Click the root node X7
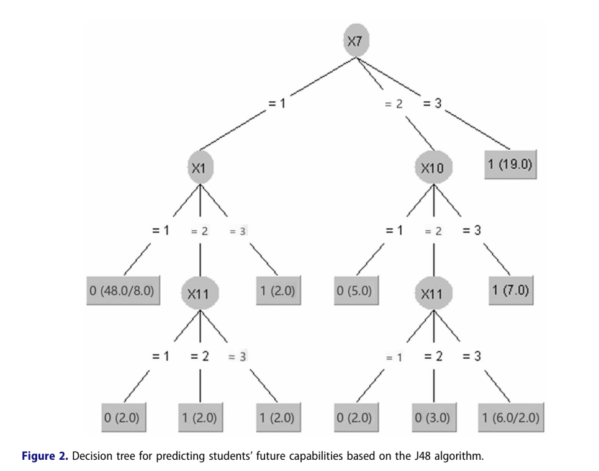tap(356, 42)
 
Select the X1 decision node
tap(200, 167)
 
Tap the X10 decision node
tap(433, 168)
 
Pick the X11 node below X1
tap(199, 294)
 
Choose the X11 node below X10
tap(432, 294)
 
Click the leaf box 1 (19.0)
tap(509, 166)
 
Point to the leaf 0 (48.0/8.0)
tap(123, 291)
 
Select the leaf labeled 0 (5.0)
tap(354, 291)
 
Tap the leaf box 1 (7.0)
tap(509, 291)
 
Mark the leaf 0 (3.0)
tap(432, 418)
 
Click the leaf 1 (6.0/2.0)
tap(510, 418)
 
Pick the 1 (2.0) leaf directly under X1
tap(277, 291)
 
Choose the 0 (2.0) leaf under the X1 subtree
tap(122, 418)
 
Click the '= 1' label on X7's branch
tap(277, 104)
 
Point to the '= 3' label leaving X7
tap(432, 103)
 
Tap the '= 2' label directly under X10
tap(433, 231)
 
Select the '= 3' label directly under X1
tap(238, 231)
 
